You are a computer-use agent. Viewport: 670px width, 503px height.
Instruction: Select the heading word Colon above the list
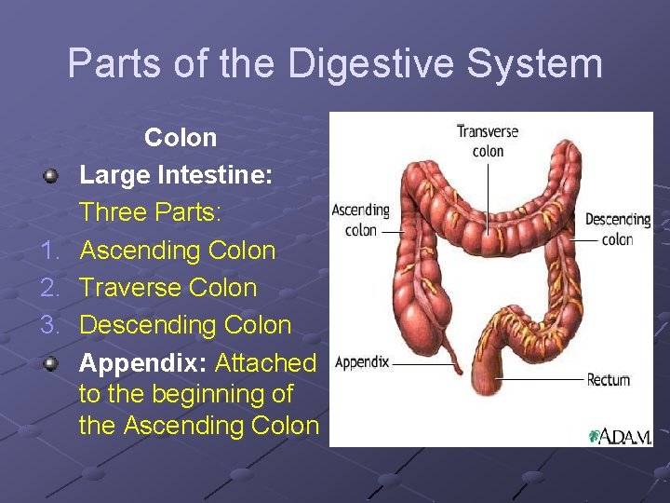click(x=181, y=138)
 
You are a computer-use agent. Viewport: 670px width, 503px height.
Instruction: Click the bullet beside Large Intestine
click(x=55, y=175)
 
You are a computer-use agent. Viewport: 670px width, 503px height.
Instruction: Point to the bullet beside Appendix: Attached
click(x=55, y=362)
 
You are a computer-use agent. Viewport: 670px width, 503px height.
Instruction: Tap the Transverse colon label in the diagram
click(x=487, y=142)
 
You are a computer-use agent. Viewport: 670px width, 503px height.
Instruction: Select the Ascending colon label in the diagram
click(x=361, y=220)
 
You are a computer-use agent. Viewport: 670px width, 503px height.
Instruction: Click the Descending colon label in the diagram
click(x=617, y=229)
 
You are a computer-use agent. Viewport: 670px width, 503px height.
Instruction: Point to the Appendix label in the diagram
click(x=362, y=362)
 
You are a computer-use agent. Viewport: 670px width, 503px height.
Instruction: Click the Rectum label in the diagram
click(x=609, y=380)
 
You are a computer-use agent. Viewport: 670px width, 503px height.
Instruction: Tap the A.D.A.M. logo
click(x=620, y=436)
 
